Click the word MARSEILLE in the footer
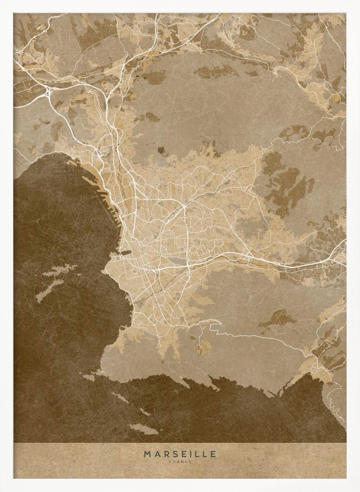(180, 454)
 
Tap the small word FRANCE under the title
(180, 461)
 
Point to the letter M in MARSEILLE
(147, 454)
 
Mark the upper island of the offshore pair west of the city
(59, 270)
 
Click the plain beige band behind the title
(74, 460)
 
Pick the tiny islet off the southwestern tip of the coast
(89, 378)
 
